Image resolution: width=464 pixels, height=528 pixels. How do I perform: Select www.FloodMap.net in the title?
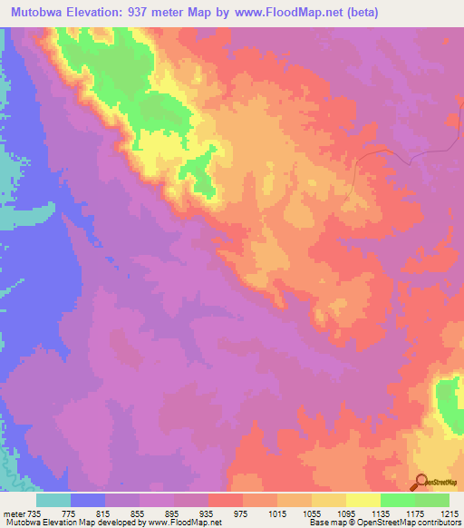click(294, 13)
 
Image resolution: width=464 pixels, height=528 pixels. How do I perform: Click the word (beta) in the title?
click(359, 13)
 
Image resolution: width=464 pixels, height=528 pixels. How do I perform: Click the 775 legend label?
click(68, 513)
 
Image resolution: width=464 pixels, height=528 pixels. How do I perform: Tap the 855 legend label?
click(137, 513)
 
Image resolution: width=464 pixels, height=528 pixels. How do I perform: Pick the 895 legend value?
click(171, 513)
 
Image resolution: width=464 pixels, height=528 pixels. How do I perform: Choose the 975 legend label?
click(240, 513)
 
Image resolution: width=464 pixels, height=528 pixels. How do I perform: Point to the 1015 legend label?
click(275, 513)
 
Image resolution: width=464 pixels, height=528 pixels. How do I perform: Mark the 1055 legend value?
click(310, 513)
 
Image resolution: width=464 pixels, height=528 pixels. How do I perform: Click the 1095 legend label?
click(344, 513)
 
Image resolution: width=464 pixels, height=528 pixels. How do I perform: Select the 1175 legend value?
click(413, 513)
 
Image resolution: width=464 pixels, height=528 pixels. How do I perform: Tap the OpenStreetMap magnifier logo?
click(422, 483)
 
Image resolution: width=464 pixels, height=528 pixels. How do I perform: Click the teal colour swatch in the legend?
click(53, 500)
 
